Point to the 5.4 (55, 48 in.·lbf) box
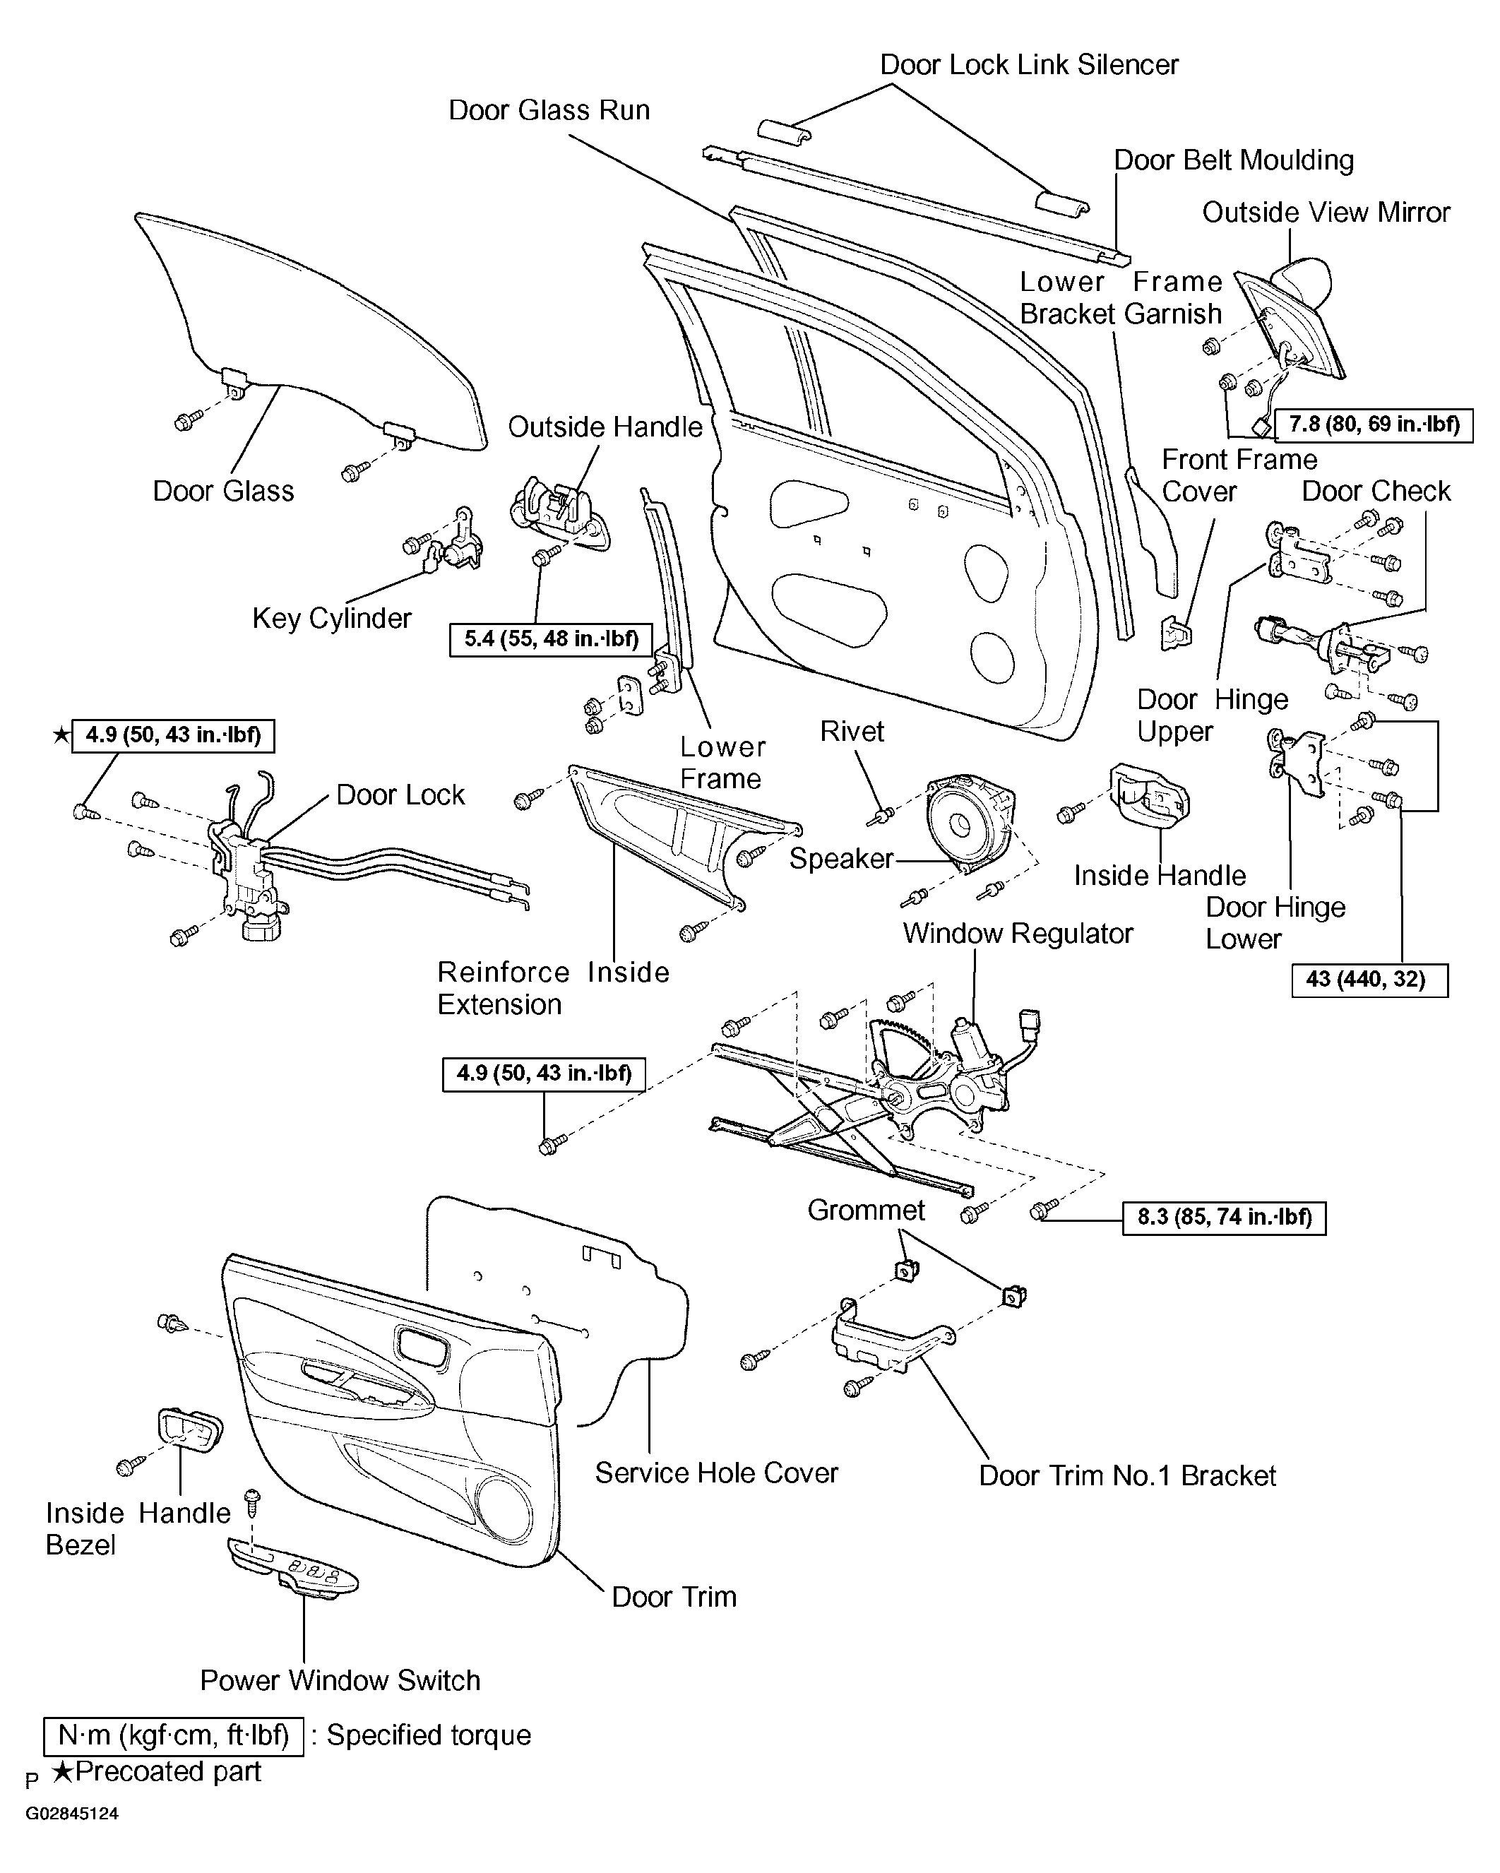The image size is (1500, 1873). tap(551, 639)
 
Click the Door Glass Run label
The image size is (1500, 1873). tap(549, 110)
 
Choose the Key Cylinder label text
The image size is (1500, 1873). tap(332, 619)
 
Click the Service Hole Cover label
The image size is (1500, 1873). tap(717, 1473)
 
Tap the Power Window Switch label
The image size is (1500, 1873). tap(340, 1680)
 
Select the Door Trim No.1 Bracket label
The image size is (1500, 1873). tap(1127, 1475)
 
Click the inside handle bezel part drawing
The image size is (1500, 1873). tap(189, 1431)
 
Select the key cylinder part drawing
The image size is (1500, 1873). tap(453, 542)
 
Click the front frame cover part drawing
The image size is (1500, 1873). tap(1177, 634)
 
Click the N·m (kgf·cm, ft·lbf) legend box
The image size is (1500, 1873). tap(174, 1736)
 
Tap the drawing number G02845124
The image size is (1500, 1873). tap(72, 1814)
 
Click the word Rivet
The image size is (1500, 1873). tap(852, 732)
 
